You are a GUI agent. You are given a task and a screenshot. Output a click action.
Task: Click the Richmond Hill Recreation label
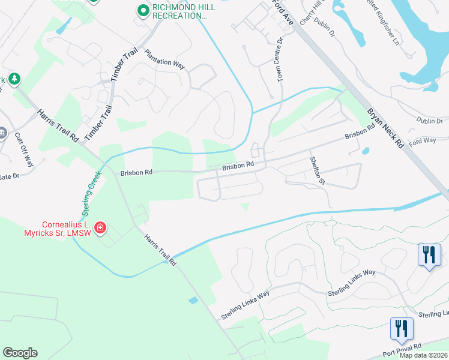click(179, 11)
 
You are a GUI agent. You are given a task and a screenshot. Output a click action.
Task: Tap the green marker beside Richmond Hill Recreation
click(143, 10)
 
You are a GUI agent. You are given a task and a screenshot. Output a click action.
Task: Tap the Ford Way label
click(422, 141)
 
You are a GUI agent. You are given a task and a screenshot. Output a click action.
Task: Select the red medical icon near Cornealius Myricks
click(100, 228)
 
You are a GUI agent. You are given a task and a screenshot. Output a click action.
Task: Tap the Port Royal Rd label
click(406, 347)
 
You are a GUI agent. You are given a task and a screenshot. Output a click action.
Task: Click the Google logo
click(20, 353)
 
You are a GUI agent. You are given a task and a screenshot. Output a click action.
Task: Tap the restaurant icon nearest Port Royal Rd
click(401, 329)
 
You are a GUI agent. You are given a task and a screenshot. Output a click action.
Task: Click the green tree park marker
click(14, 79)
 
